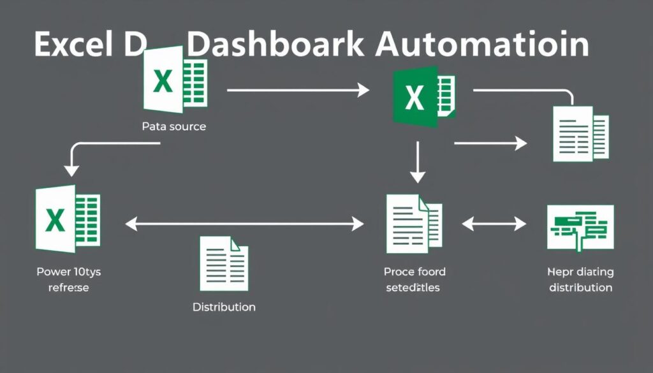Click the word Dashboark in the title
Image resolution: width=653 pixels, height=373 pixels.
pyautogui.click(x=277, y=45)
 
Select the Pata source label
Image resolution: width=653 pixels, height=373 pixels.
pyautogui.click(x=173, y=126)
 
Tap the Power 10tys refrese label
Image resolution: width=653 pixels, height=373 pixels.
pyautogui.click(x=69, y=279)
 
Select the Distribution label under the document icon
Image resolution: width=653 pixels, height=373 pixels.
pyautogui.click(x=224, y=307)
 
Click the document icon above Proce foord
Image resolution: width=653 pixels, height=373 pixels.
pyautogui.click(x=413, y=223)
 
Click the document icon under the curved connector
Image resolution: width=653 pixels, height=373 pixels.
pyautogui.click(x=580, y=133)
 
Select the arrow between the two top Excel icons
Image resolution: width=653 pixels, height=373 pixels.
pyautogui.click(x=298, y=91)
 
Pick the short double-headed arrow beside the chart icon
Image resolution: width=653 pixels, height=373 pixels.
pyautogui.click(x=494, y=224)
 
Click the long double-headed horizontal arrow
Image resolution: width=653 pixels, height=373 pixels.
pyautogui.click(x=245, y=224)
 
